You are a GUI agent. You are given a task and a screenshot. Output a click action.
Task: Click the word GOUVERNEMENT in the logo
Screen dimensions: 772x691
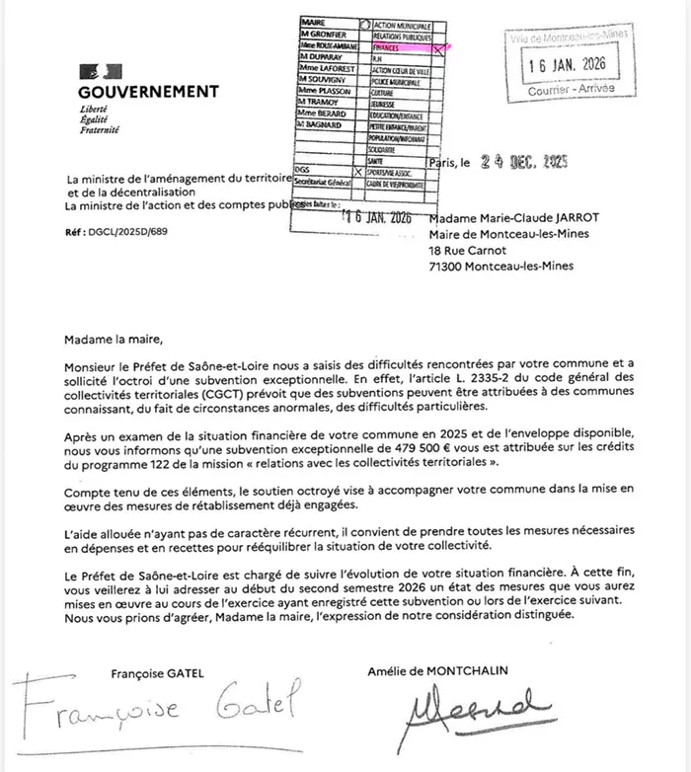click(x=148, y=92)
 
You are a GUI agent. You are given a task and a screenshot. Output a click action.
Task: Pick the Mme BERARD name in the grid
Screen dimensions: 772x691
click(x=322, y=114)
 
